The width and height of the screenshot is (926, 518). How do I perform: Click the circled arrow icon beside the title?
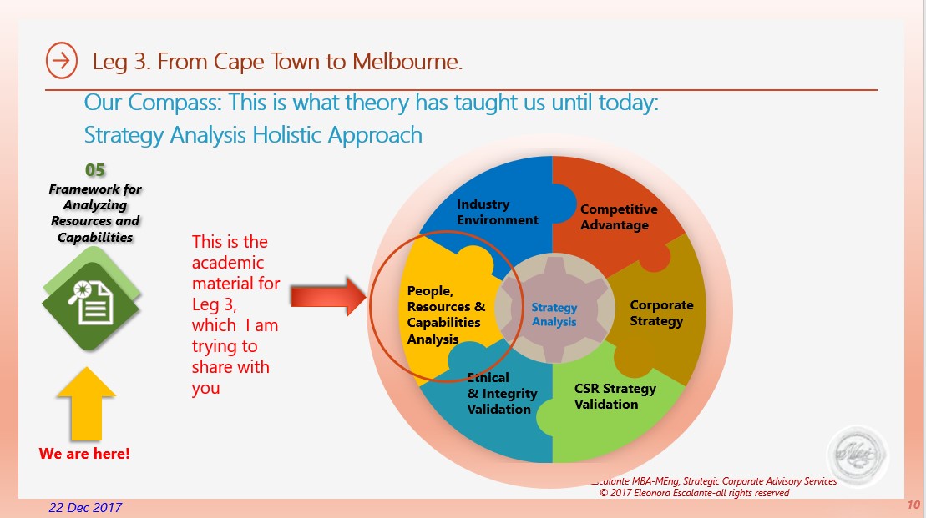click(x=62, y=60)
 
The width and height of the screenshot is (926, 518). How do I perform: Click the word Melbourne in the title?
click(x=407, y=62)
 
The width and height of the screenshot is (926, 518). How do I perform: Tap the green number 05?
click(x=95, y=170)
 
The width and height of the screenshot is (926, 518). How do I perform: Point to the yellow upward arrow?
click(x=86, y=404)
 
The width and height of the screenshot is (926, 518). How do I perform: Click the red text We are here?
click(x=84, y=454)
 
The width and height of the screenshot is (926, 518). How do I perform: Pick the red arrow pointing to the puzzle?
click(x=328, y=296)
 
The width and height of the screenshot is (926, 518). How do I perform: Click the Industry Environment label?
click(x=498, y=212)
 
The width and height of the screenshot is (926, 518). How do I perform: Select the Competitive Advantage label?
click(x=619, y=217)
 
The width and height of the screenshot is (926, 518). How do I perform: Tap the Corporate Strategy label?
click(x=661, y=314)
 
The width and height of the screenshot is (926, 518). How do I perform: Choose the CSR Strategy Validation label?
click(x=615, y=396)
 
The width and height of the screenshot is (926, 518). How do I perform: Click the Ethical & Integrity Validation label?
click(x=502, y=393)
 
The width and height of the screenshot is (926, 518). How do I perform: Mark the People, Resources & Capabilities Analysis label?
click(x=446, y=315)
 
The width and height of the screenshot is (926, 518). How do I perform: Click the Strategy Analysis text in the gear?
click(x=554, y=314)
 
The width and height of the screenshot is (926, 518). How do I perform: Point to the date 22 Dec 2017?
click(x=85, y=508)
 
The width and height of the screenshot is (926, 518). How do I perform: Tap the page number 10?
click(x=913, y=505)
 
